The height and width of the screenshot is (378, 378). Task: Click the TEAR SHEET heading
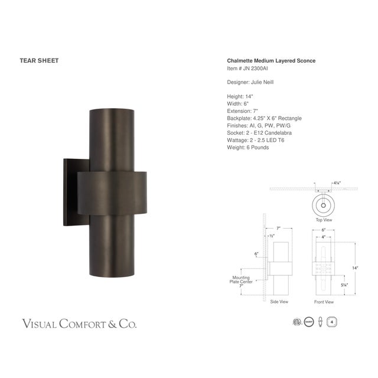[39, 60]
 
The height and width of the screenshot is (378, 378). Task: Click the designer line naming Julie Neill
[250, 82]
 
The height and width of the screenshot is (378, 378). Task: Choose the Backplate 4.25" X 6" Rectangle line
[263, 118]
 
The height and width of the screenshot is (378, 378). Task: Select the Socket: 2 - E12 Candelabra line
[259, 133]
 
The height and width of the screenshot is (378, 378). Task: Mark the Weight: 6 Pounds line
[247, 148]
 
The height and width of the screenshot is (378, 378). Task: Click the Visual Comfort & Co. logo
[79, 324]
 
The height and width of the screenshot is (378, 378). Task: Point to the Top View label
[323, 220]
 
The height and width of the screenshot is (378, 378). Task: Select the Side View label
[279, 301]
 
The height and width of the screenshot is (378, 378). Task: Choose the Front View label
[324, 301]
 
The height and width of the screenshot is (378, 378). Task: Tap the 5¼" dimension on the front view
[344, 285]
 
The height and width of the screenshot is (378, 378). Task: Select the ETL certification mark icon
[297, 322]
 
